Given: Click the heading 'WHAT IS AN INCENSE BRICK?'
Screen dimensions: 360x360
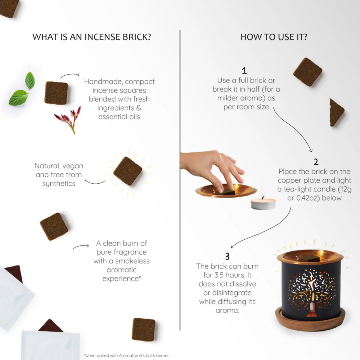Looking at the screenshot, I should pyautogui.click(x=91, y=37).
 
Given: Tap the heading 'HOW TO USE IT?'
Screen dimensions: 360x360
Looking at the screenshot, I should pyautogui.click(x=274, y=37).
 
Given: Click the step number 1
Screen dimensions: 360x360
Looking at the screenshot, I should pyautogui.click(x=244, y=71).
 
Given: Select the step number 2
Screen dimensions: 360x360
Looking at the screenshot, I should pyautogui.click(x=316, y=162).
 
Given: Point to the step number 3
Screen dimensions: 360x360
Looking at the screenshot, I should pyautogui.click(x=227, y=256).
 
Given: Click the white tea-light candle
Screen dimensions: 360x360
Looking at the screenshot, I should pyautogui.click(x=263, y=203).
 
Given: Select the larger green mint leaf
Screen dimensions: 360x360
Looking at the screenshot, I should pyautogui.click(x=19, y=97).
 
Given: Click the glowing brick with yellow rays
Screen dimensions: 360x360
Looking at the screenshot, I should pyautogui.click(x=127, y=171).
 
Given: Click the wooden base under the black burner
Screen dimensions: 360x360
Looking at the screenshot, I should pyautogui.click(x=310, y=322).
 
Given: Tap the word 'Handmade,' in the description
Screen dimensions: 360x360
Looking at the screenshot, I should pyautogui.click(x=103, y=82).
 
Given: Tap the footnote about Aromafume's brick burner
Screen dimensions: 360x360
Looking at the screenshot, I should pyautogui.click(x=127, y=355).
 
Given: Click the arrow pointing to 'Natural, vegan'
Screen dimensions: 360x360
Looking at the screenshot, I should pyautogui.click(x=95, y=182).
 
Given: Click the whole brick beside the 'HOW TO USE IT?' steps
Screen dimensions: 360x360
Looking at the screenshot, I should pyautogui.click(x=307, y=72).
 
